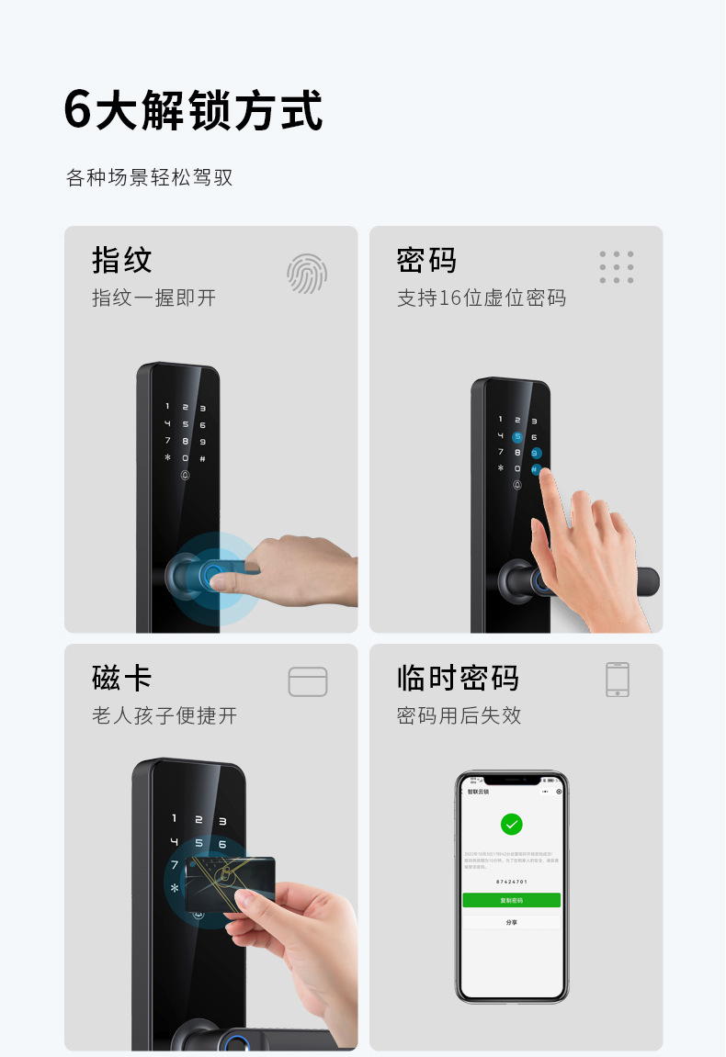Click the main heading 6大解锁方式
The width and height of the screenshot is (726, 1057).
[194, 111]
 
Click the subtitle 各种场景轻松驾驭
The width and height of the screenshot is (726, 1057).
[150, 177]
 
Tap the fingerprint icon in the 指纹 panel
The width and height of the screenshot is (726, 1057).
[306, 273]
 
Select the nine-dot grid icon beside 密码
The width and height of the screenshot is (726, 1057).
[617, 267]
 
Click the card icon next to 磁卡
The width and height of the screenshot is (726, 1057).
[308, 681]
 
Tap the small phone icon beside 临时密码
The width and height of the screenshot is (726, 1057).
[618, 680]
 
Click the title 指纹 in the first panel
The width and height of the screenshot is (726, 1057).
[122, 260]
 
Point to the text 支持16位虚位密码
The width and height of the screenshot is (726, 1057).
[482, 298]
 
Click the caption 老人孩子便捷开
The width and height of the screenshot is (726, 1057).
[164, 716]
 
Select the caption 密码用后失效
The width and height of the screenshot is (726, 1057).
[459, 716]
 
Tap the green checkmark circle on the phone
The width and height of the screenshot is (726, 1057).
[512, 824]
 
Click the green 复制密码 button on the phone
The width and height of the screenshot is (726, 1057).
[512, 901]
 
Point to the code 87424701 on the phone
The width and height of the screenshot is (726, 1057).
[511, 882]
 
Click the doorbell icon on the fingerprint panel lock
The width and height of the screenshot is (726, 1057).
[185, 476]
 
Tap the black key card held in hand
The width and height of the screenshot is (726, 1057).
[230, 883]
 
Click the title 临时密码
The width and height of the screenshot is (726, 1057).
[458, 679]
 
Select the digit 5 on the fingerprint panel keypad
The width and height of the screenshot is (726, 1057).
[185, 424]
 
